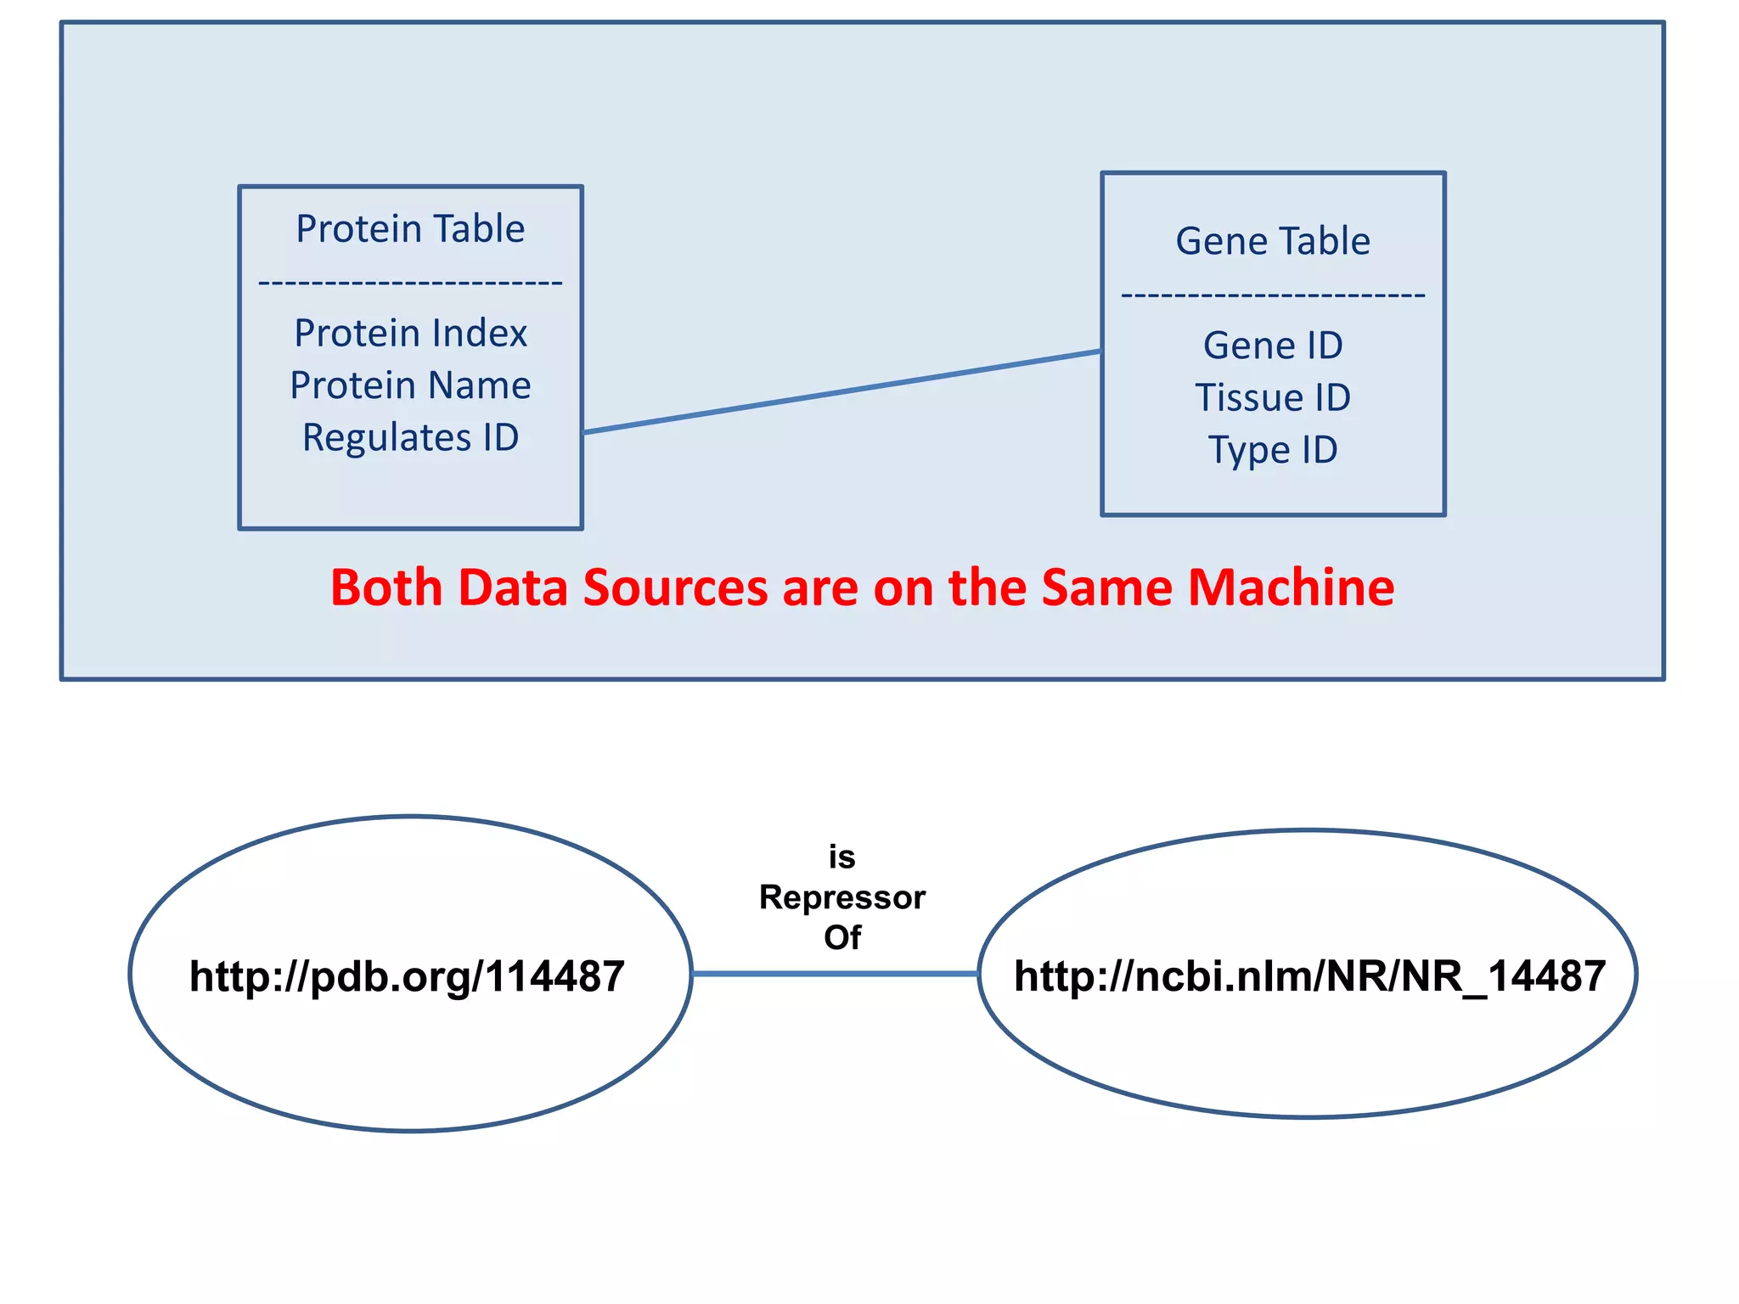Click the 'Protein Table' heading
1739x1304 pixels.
point(410,229)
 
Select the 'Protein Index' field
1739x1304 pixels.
point(410,333)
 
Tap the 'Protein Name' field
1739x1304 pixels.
point(410,385)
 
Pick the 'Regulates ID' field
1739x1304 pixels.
point(410,438)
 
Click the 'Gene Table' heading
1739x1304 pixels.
point(1273,241)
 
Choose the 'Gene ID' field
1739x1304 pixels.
point(1273,346)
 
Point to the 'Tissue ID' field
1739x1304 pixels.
point(1273,397)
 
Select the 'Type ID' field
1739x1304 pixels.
point(1273,450)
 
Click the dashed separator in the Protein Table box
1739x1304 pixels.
point(410,282)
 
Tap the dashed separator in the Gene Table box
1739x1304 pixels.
point(1273,295)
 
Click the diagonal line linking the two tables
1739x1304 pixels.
point(841,392)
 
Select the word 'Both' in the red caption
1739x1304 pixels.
point(386,587)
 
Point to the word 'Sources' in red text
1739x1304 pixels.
point(675,587)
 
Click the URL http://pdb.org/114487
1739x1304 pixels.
point(407,976)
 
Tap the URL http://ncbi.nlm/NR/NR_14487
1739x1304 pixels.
point(1309,976)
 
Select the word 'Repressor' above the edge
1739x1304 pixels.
point(841,897)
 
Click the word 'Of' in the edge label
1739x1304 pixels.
point(841,937)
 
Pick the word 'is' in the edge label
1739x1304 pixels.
point(841,857)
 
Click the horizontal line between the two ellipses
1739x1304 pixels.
point(835,974)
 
